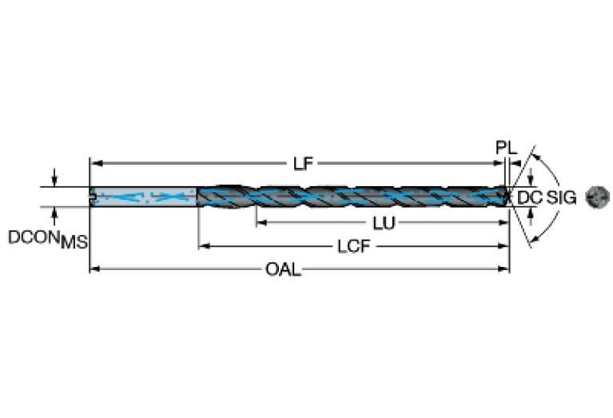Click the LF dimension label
pos(303,164)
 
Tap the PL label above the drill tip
pos(506,148)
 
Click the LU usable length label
pos(384,223)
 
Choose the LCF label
pos(353,247)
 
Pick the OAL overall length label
pos(283,269)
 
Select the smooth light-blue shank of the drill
pos(144,197)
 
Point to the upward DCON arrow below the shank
pos(54,213)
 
